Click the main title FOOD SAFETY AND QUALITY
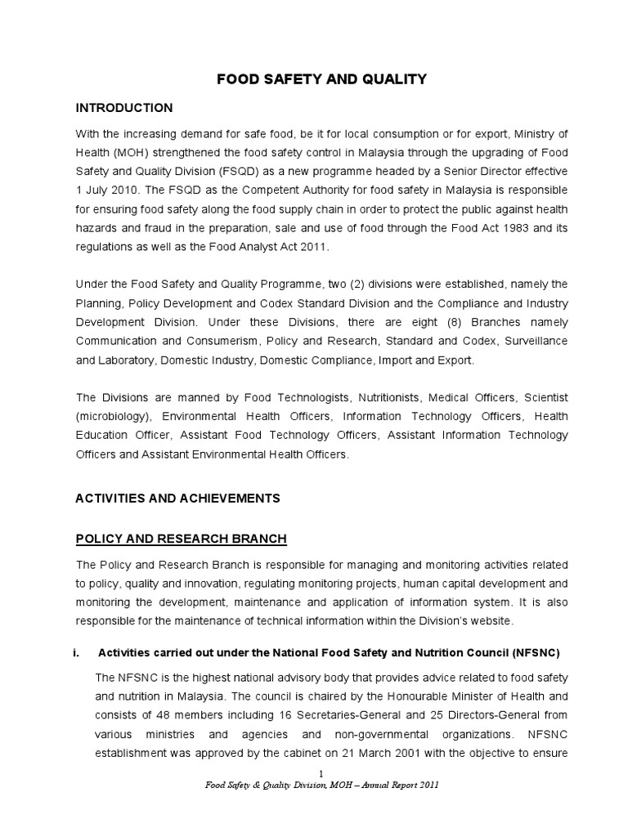(321, 79)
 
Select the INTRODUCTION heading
(123, 108)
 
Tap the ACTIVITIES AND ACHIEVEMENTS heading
(177, 498)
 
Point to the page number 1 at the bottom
(321, 773)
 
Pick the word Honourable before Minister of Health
(417, 696)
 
